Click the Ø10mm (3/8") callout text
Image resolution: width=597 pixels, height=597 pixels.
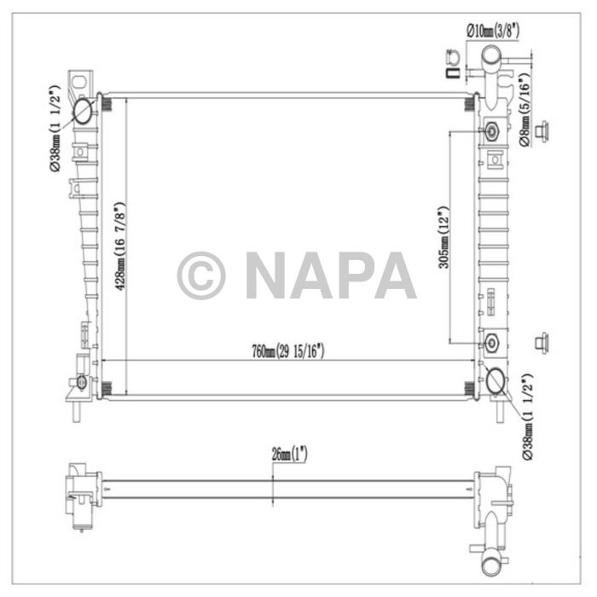pyautogui.click(x=492, y=30)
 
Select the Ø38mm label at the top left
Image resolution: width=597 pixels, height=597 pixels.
pyautogui.click(x=54, y=128)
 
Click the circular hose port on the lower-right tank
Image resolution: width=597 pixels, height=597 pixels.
pyautogui.click(x=495, y=381)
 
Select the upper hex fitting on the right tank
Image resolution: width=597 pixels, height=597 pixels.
pyautogui.click(x=493, y=132)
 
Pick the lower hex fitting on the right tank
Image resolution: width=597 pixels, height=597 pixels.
pyautogui.click(x=493, y=343)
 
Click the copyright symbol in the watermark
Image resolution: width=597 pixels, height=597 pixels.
pyautogui.click(x=201, y=275)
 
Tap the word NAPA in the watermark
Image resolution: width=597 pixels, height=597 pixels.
pyautogui.click(x=330, y=275)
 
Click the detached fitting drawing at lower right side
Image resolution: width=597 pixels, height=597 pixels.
pyautogui.click(x=539, y=343)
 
